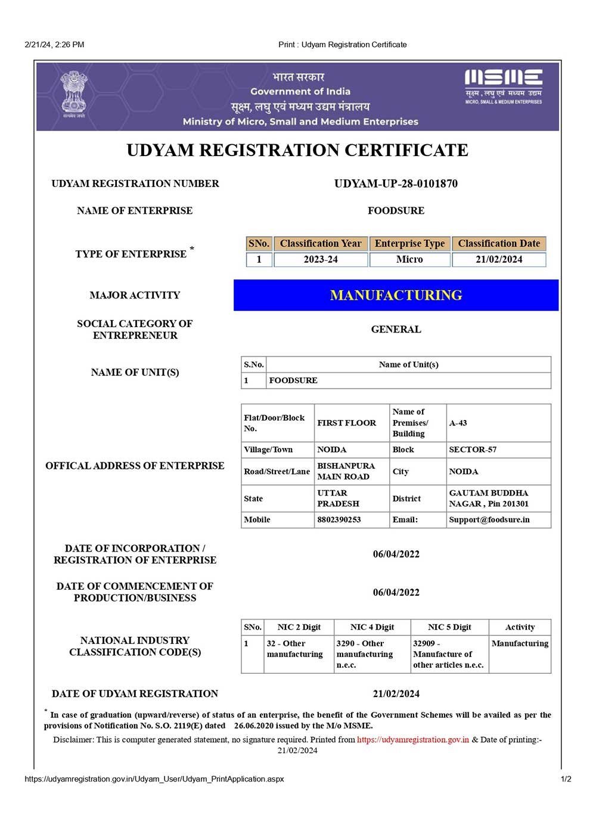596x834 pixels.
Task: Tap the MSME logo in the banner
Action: tap(503, 86)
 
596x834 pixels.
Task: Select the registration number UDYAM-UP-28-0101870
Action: tap(396, 183)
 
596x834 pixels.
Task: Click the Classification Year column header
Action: tap(320, 244)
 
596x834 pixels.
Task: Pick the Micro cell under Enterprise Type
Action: tap(409, 260)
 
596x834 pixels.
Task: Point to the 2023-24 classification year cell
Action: tap(320, 260)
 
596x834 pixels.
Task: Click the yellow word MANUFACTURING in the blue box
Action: tap(396, 295)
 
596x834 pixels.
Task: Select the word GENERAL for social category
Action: tap(396, 329)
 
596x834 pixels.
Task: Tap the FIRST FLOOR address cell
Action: tap(346, 423)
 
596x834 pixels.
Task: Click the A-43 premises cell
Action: tap(458, 423)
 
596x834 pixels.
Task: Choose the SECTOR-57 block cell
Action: tap(473, 450)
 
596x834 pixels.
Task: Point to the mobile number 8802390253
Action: tap(339, 519)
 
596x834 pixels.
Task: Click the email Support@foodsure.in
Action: tap(489, 519)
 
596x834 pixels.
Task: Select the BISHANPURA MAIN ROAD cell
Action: tap(346, 471)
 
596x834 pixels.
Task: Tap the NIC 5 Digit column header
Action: tap(449, 627)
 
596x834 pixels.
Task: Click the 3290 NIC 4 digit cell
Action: tap(364, 654)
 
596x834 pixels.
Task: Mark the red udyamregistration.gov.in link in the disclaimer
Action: tap(413, 740)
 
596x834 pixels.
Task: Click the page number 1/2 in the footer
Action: tap(566, 779)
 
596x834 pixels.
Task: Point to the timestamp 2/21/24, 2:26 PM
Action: tap(54, 45)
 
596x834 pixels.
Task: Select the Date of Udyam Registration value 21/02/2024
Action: tap(396, 694)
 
